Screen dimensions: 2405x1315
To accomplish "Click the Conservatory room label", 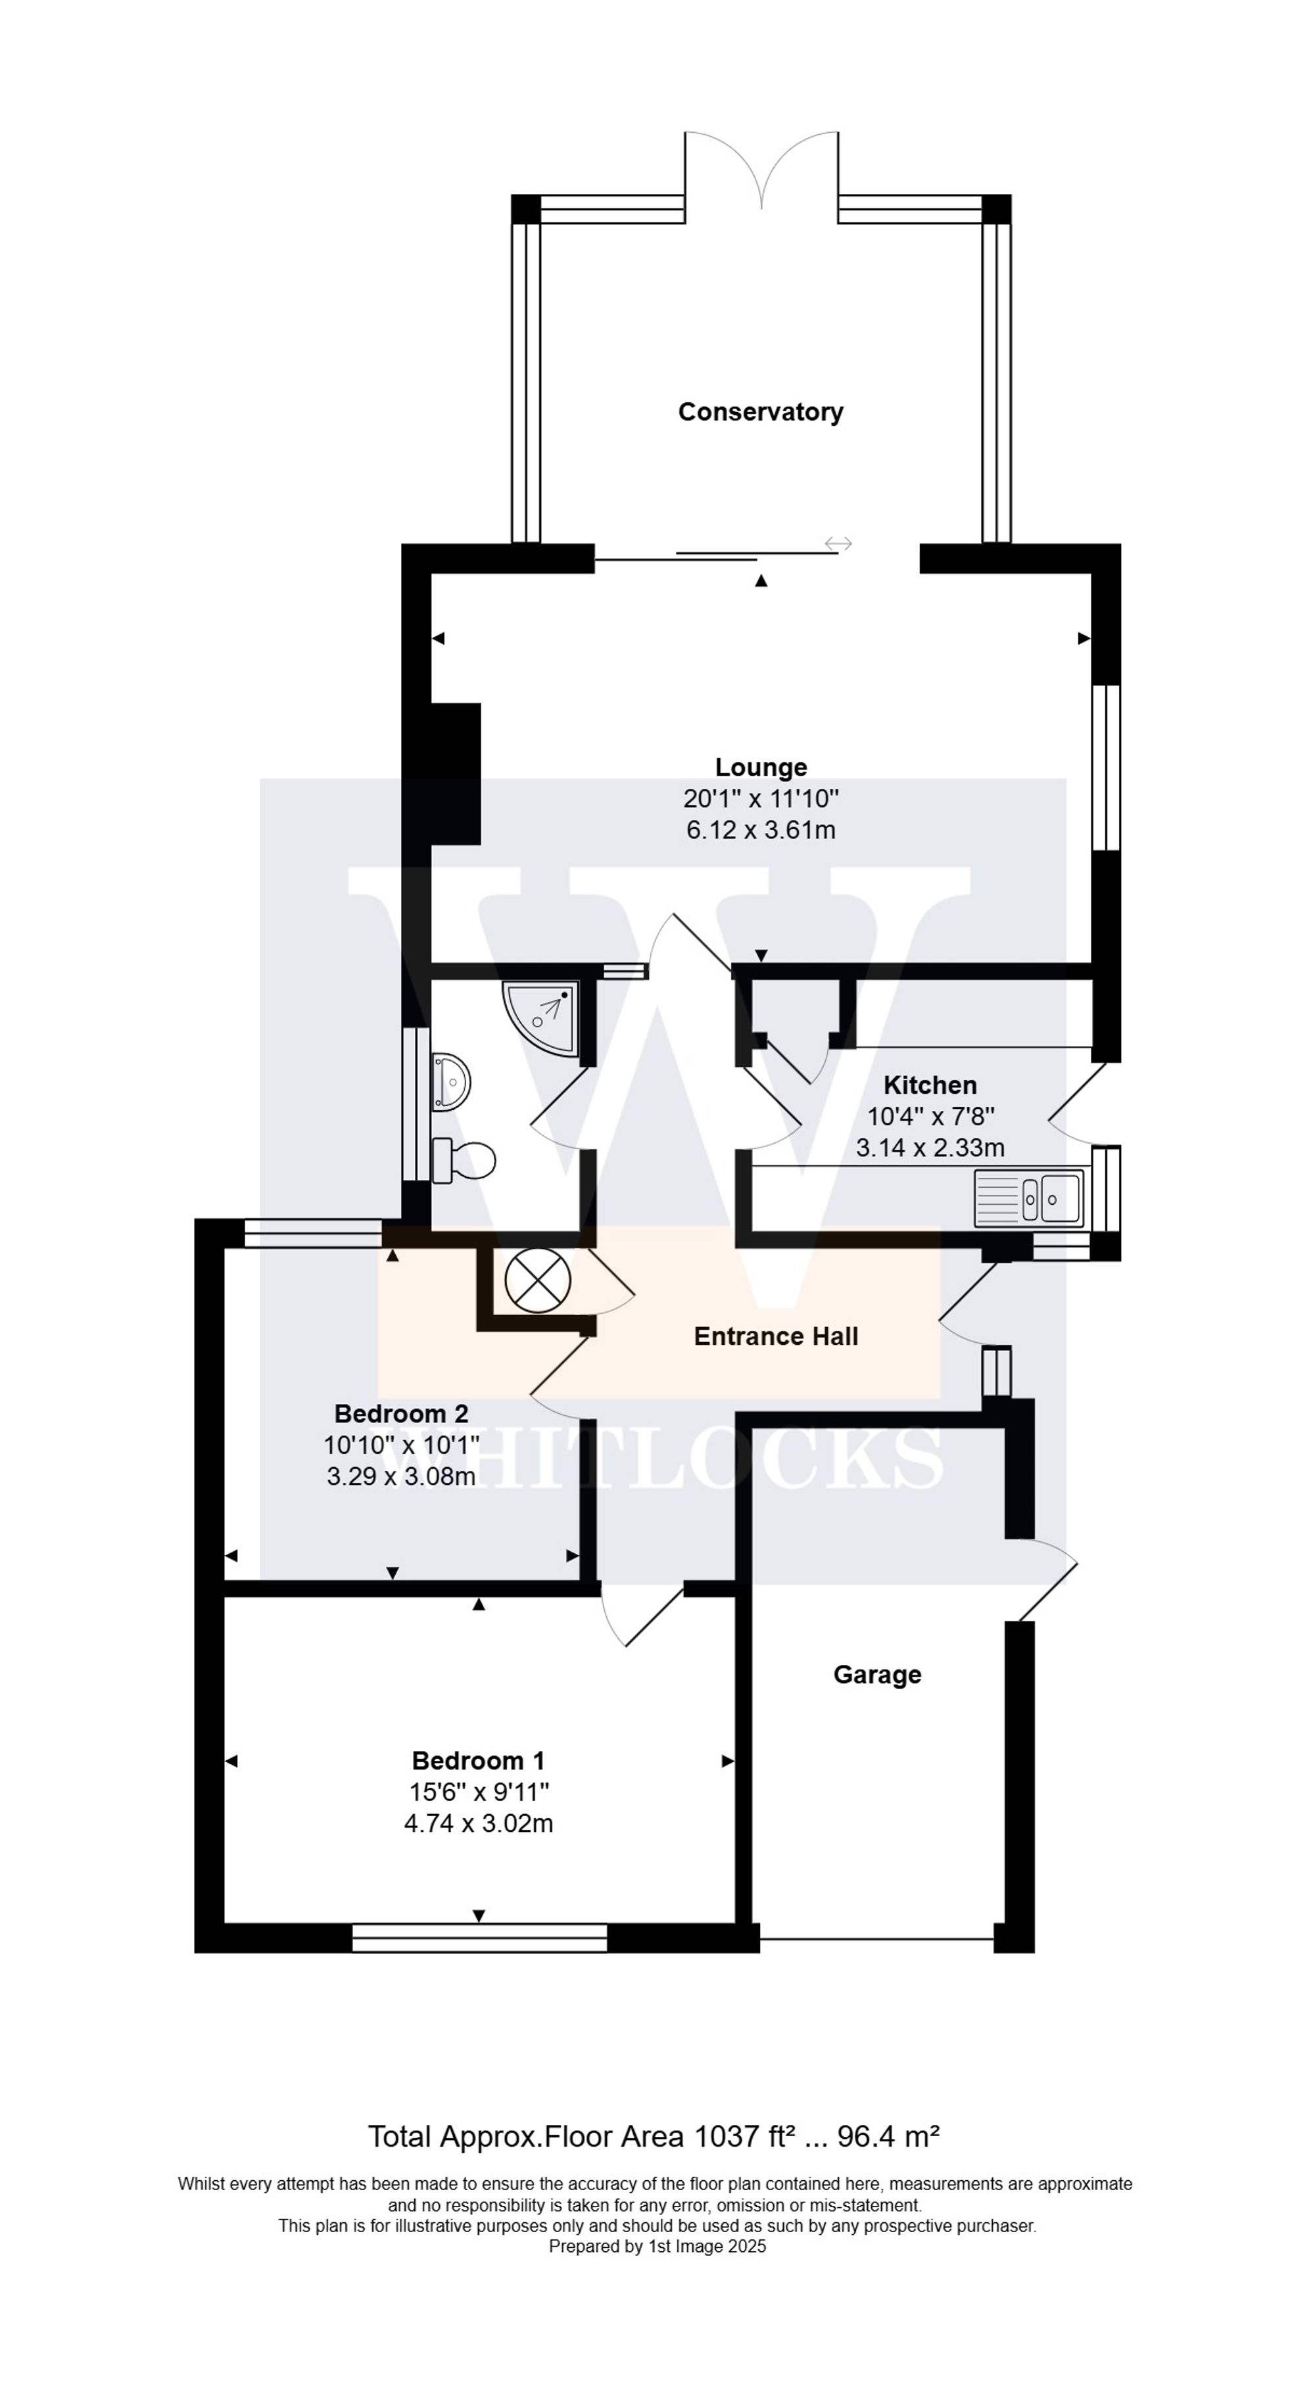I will (760, 411).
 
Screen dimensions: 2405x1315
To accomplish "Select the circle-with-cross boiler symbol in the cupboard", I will (537, 1280).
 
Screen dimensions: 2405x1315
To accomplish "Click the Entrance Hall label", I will (775, 1336).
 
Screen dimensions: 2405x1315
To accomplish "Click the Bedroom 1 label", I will (477, 1761).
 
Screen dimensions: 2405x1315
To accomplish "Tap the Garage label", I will (877, 1675).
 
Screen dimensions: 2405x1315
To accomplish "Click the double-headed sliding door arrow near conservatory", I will (838, 544).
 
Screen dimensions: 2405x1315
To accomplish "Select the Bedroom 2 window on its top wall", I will (313, 1233).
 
